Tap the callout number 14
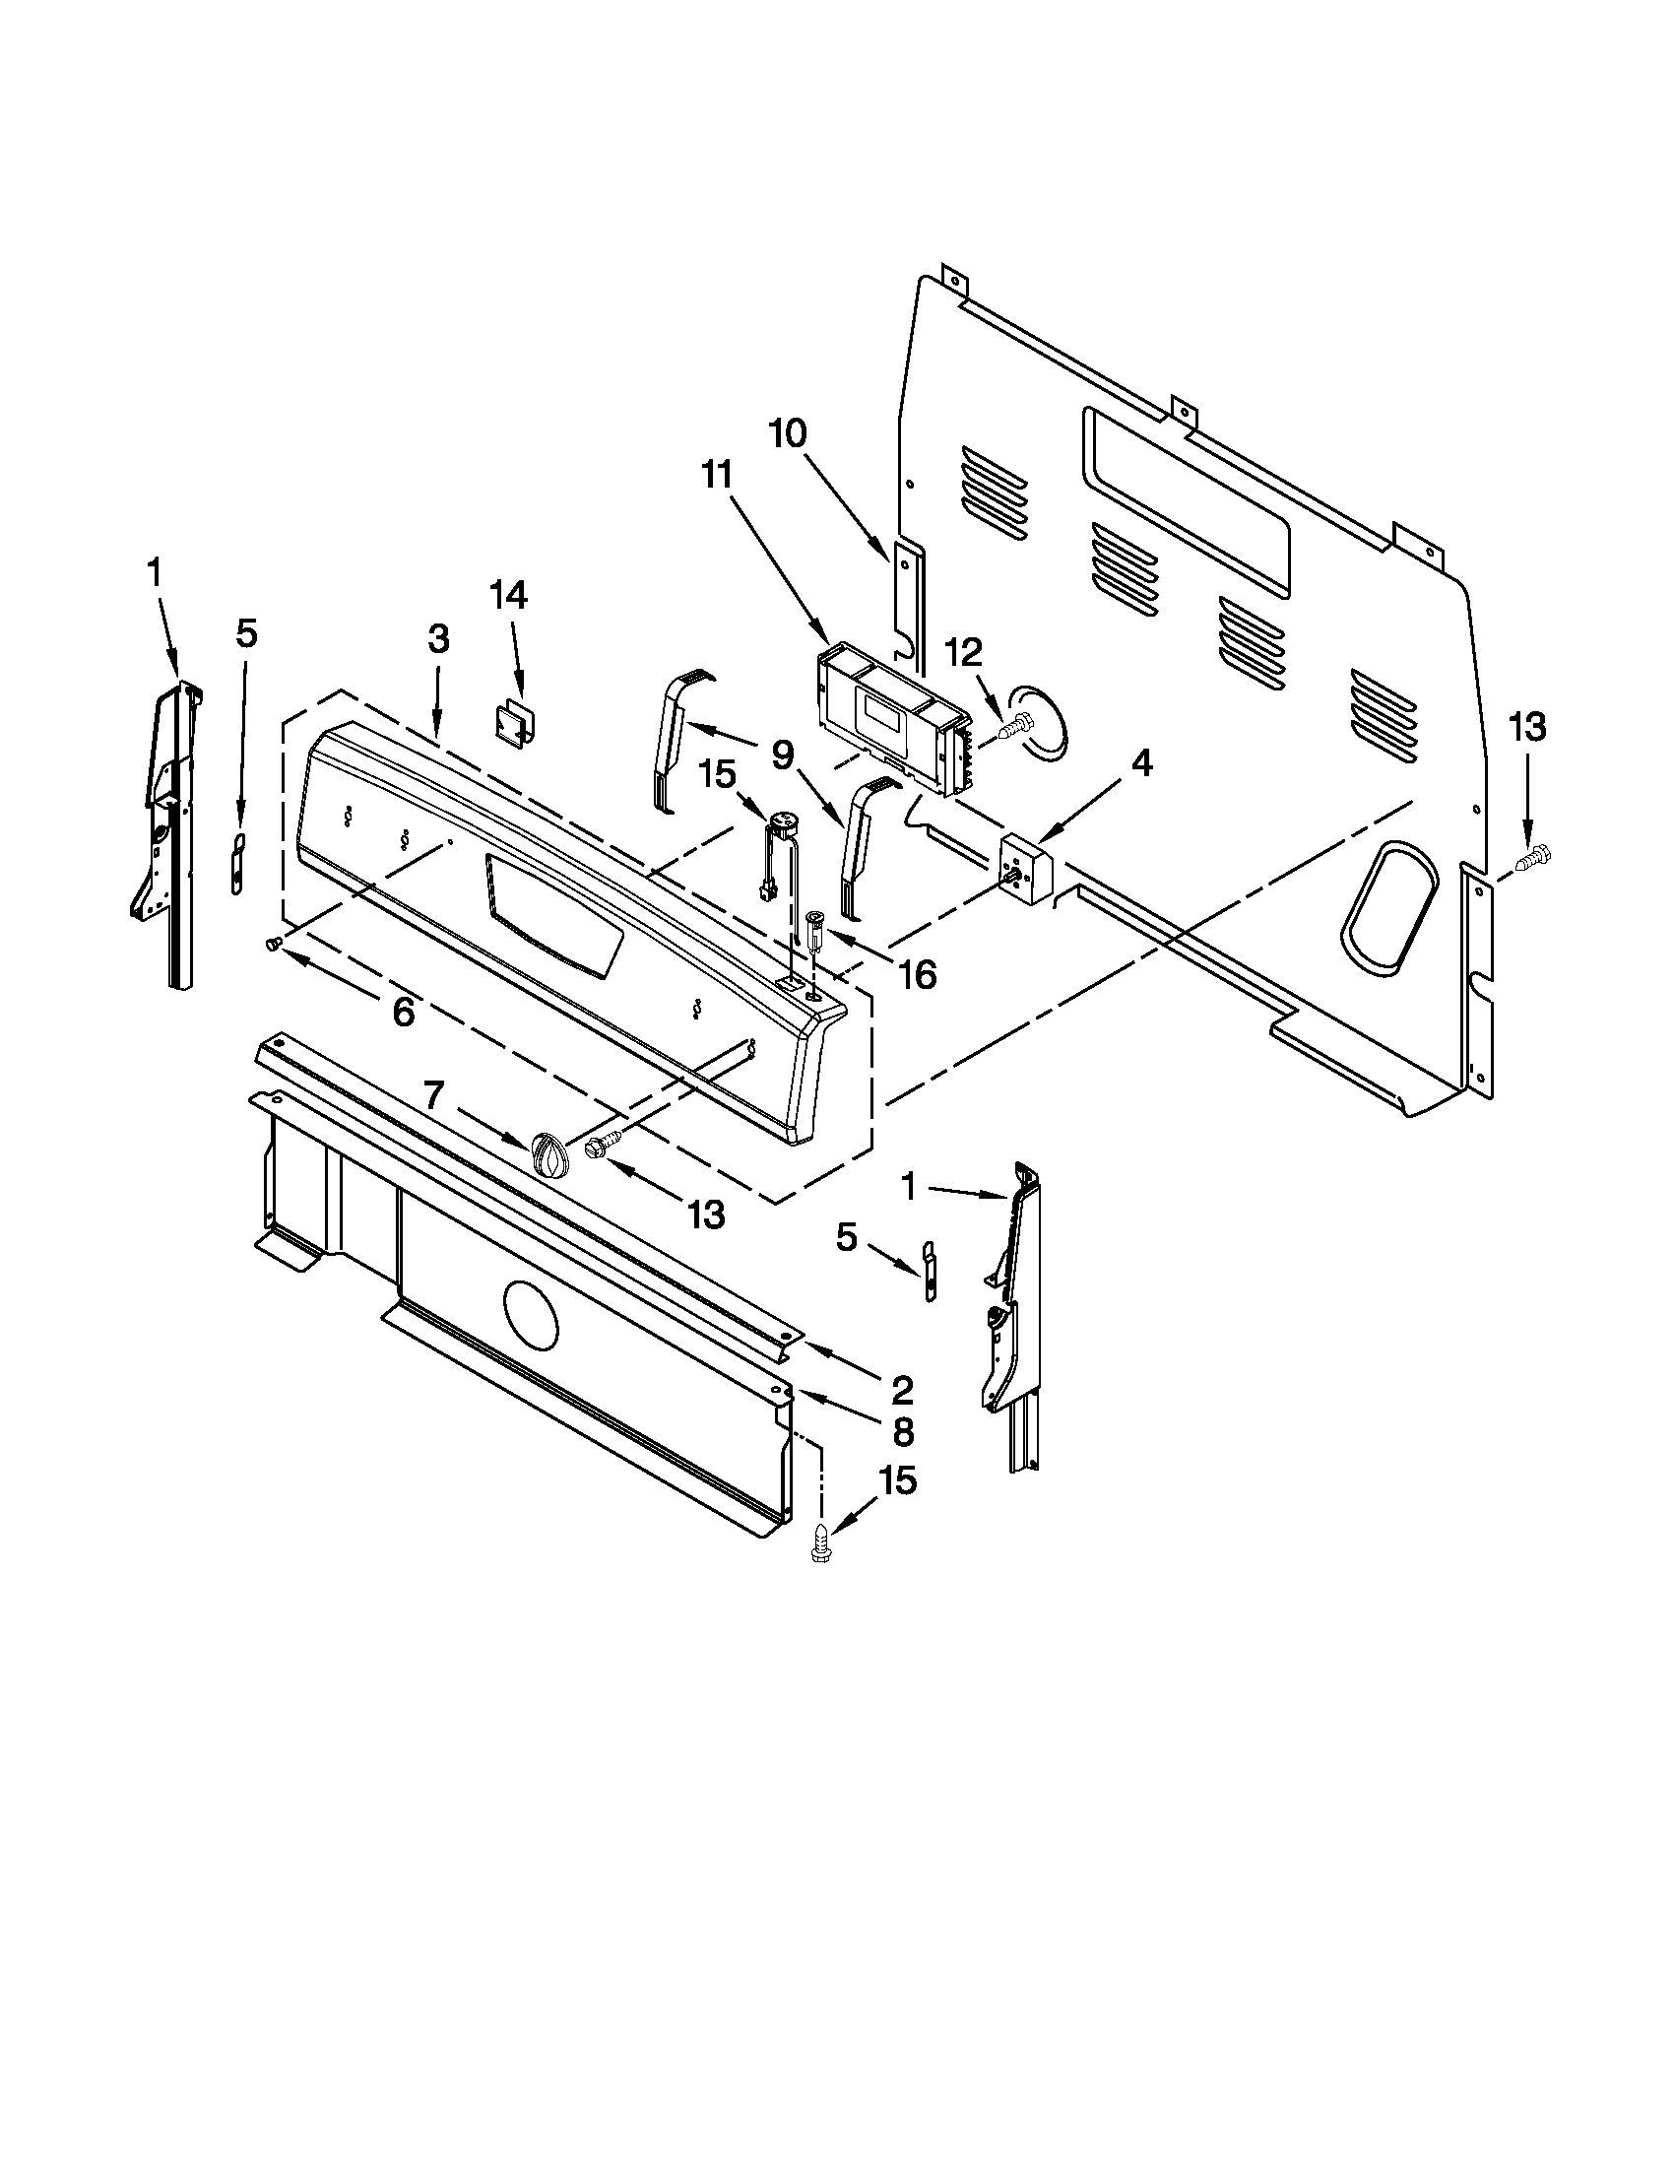pos(508,594)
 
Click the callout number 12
pos(963,652)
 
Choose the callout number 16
pos(918,975)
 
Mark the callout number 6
pos(403,1012)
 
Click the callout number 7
pos(432,1095)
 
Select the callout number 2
pos(900,1391)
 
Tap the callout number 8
pos(901,1431)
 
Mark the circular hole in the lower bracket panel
pos(531,1314)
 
